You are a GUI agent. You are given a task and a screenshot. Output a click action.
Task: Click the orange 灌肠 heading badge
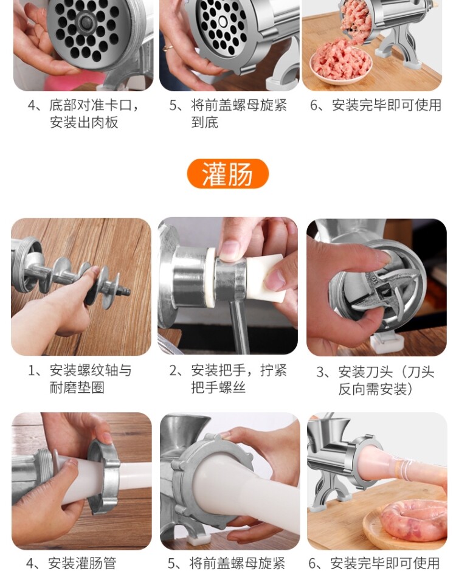coord(227,174)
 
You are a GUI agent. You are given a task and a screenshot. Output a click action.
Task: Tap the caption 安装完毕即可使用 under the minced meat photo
coord(376,105)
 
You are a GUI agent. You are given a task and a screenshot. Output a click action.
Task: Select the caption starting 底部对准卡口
coord(83,114)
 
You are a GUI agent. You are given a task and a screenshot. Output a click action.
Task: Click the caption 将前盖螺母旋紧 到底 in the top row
coord(228,114)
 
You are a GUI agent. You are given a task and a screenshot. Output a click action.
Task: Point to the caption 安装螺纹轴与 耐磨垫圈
coord(80,379)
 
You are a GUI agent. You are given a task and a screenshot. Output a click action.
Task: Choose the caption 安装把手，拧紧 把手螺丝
coord(228,379)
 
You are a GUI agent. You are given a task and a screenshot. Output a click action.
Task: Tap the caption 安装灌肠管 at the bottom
coord(71,563)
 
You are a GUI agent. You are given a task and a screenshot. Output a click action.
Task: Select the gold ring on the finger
coord(168,47)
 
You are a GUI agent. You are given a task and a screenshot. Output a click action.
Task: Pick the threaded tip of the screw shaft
coord(124,291)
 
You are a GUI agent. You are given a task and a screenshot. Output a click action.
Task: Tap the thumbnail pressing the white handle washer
coord(229,250)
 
